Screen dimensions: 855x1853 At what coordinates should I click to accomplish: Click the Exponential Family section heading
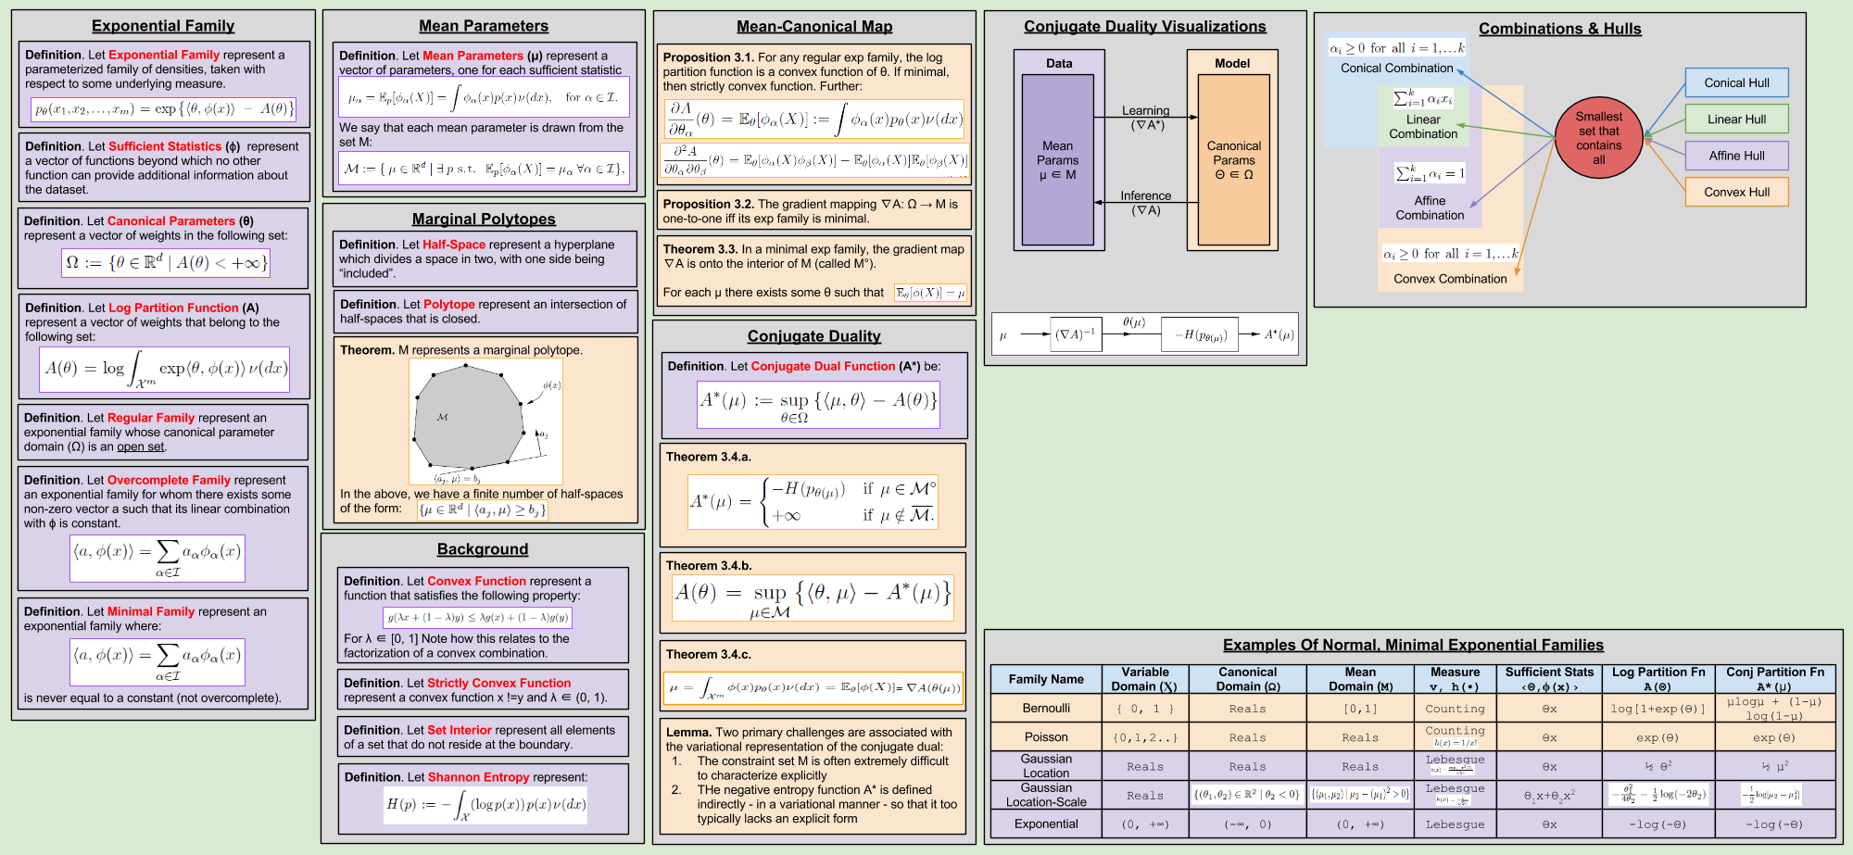(163, 26)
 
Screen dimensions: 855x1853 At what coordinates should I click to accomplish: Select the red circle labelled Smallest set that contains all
(1598, 138)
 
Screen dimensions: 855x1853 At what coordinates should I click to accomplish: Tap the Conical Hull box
(1736, 82)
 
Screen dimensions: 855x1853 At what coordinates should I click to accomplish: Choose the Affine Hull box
(1736, 156)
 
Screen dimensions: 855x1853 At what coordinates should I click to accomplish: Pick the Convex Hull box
(1736, 192)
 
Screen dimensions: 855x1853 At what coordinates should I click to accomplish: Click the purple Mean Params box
(1057, 159)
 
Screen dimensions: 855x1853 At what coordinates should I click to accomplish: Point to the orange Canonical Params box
(1233, 159)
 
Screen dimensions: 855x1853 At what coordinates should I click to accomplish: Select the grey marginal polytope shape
(469, 417)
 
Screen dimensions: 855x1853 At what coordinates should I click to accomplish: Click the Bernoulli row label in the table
(1046, 709)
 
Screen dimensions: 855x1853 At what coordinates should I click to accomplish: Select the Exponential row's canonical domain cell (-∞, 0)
(1247, 824)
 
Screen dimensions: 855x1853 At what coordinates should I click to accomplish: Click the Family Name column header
(1046, 679)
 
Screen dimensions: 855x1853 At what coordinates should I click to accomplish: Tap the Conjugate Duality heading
(814, 336)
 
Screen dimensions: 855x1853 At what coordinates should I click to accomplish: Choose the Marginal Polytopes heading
(484, 219)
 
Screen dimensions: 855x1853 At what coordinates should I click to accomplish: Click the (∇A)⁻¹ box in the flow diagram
(1076, 334)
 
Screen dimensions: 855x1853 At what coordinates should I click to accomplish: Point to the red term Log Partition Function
(173, 308)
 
